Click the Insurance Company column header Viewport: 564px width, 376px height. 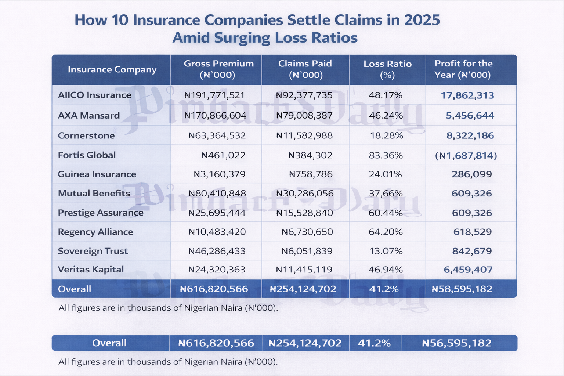click(112, 69)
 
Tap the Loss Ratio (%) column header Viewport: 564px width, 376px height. click(387, 69)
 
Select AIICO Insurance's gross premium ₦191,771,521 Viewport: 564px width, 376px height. click(214, 95)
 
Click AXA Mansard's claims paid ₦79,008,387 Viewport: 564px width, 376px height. click(304, 116)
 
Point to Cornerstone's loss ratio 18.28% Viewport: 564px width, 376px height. click(386, 136)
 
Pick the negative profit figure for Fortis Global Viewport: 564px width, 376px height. click(466, 156)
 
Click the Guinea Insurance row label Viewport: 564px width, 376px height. click(97, 174)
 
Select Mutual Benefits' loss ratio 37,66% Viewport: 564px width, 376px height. click(386, 194)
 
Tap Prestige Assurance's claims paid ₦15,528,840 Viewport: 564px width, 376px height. click(304, 213)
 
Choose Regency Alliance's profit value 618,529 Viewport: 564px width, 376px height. click(472, 232)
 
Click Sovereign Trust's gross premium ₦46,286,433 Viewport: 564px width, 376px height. click(217, 252)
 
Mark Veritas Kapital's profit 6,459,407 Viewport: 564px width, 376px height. click(468, 270)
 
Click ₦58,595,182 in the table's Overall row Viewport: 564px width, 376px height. click(462, 289)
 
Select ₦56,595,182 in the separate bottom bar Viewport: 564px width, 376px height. click(457, 343)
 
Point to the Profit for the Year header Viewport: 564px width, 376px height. click(463, 69)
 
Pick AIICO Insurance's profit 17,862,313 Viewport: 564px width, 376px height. click(467, 95)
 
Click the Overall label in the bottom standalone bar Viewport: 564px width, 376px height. click(109, 343)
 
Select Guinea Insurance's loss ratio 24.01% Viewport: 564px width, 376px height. click(386, 174)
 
